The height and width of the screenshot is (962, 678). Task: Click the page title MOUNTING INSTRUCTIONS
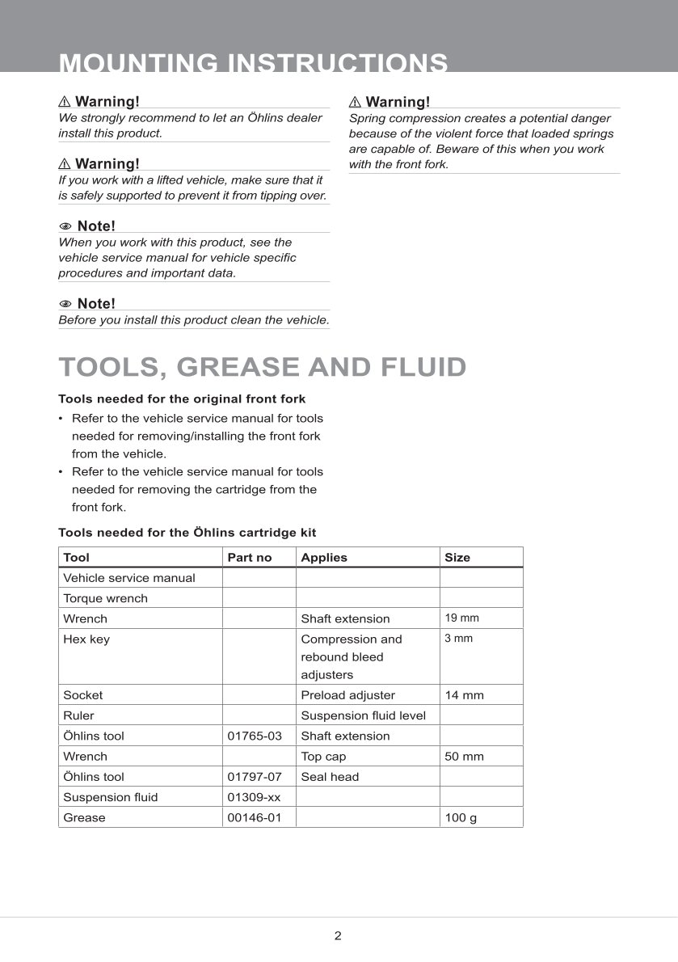coord(253,63)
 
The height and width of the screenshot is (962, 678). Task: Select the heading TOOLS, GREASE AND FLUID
coord(263,367)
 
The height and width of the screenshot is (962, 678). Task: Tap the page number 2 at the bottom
coord(338,936)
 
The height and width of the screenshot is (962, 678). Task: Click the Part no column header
coord(250,557)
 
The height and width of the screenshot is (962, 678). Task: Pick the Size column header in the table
coord(457,557)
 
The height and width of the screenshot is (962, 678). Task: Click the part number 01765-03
coord(255,736)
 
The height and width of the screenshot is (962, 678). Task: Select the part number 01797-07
coord(255,776)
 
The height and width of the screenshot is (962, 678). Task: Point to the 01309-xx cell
coord(254,797)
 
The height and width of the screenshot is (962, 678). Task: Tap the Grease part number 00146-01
coord(255,817)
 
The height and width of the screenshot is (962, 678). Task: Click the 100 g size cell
coord(461,817)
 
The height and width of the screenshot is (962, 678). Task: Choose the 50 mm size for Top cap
coord(464,756)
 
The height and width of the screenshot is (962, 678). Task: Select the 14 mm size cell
coord(464,694)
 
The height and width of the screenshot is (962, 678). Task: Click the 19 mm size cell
coord(461,618)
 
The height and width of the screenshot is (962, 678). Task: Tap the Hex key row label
coord(86,639)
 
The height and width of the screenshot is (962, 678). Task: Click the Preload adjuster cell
coord(347,694)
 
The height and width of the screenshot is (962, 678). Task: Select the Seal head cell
coord(330,776)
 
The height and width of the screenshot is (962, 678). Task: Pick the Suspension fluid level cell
coord(363,715)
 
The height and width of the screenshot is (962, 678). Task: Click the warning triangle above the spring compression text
coord(355,102)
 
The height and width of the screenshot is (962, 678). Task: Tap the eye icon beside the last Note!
coord(65,304)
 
